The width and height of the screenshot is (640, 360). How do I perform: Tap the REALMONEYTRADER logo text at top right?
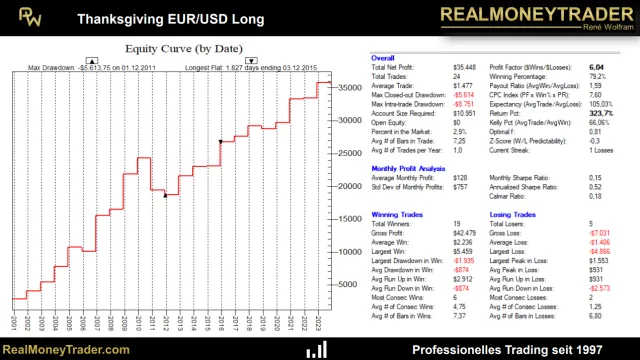click(528, 15)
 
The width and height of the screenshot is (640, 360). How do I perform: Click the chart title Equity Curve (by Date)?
click(182, 47)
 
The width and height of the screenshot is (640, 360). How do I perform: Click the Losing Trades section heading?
click(514, 215)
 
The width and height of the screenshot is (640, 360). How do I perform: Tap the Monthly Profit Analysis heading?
click(408, 169)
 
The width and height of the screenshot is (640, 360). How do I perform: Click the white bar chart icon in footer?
click(318, 349)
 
